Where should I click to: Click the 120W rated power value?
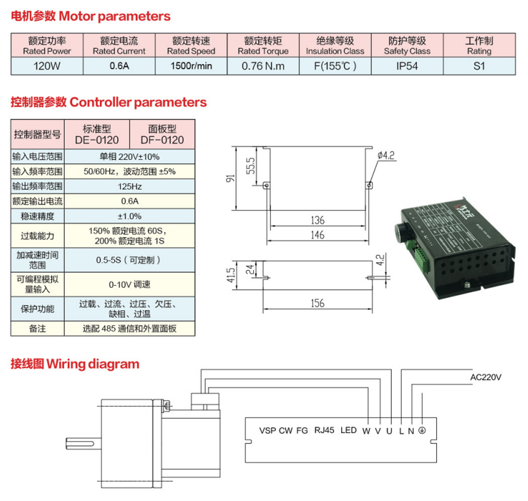tap(47, 67)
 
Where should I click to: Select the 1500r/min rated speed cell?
tap(191, 67)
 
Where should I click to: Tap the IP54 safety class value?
tap(407, 67)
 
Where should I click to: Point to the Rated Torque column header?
tap(263, 46)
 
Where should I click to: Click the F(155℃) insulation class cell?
tap(335, 67)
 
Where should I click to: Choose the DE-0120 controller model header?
tap(97, 134)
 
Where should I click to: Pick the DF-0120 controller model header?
tap(162, 134)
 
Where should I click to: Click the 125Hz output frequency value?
tap(129, 187)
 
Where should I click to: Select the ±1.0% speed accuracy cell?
tap(129, 216)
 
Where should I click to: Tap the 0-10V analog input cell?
tap(129, 284)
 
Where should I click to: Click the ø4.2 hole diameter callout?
tap(386, 155)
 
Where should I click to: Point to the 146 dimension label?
tap(317, 235)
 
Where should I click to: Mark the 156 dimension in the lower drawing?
tap(317, 303)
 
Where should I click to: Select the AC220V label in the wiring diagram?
tap(485, 378)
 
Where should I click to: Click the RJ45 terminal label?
tap(324, 430)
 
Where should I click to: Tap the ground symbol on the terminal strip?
tap(422, 430)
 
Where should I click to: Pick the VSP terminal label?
tap(267, 430)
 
